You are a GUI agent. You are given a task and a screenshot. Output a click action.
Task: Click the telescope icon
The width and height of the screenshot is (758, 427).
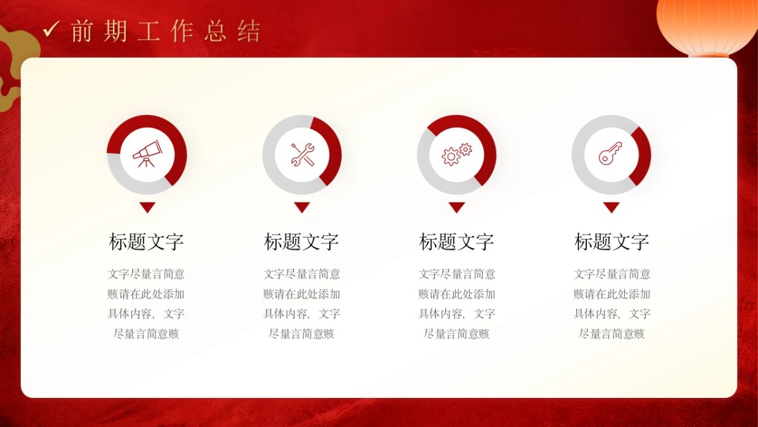147,154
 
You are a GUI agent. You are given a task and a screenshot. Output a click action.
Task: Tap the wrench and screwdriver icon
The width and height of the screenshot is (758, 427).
302,154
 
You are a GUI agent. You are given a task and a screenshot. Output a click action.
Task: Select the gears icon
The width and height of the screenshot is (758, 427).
457,154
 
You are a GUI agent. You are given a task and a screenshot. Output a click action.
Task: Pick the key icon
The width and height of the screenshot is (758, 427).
611,154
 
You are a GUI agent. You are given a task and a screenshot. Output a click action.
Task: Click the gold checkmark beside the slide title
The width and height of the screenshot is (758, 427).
51,28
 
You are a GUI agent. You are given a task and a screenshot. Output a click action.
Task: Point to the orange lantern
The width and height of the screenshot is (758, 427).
706,25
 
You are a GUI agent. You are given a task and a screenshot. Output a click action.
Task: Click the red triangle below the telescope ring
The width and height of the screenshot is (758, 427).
147,207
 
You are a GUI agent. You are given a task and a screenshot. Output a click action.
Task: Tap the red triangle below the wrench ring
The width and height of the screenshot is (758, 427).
302,207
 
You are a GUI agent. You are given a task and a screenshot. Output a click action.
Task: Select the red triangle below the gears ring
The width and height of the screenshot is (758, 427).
457,207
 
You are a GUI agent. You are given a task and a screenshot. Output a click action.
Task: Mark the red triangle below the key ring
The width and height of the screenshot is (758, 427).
611,207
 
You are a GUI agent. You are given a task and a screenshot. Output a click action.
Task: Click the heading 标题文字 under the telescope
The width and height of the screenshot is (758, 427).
147,242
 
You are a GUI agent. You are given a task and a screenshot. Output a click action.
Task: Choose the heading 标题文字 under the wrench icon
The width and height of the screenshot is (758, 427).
301,242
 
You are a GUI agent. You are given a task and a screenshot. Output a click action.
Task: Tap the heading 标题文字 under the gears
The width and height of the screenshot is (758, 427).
457,242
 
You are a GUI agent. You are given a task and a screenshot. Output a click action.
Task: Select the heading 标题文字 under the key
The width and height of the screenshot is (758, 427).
611,242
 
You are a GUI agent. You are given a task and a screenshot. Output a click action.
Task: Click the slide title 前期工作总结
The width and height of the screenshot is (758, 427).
165,31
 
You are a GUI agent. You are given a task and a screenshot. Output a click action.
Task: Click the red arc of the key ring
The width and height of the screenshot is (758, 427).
643,155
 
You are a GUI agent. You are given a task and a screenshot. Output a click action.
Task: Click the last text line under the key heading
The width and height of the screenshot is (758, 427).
611,333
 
